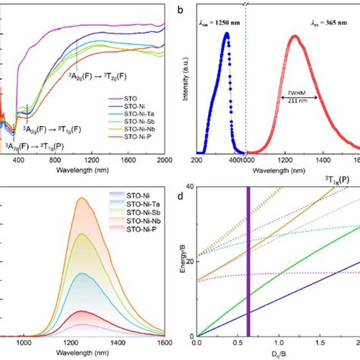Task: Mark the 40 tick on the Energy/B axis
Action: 190,188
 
